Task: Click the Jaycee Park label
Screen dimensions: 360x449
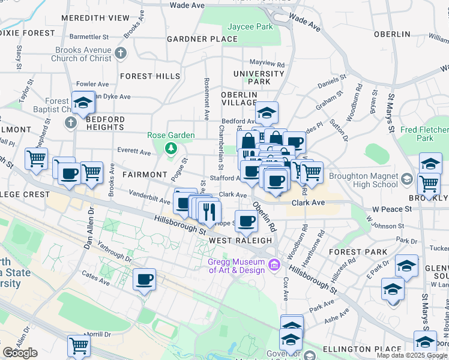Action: point(250,27)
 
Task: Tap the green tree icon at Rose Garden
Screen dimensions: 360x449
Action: point(171,147)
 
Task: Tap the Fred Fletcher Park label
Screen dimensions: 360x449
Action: point(425,134)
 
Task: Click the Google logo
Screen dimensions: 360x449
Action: point(20,353)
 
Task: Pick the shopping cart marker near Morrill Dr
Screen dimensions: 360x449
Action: point(79,346)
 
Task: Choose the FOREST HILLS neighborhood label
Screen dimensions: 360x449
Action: point(150,76)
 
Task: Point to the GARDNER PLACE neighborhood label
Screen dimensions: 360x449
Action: point(202,39)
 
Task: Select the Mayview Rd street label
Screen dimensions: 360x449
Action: point(267,63)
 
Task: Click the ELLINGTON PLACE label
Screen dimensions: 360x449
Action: point(361,349)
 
